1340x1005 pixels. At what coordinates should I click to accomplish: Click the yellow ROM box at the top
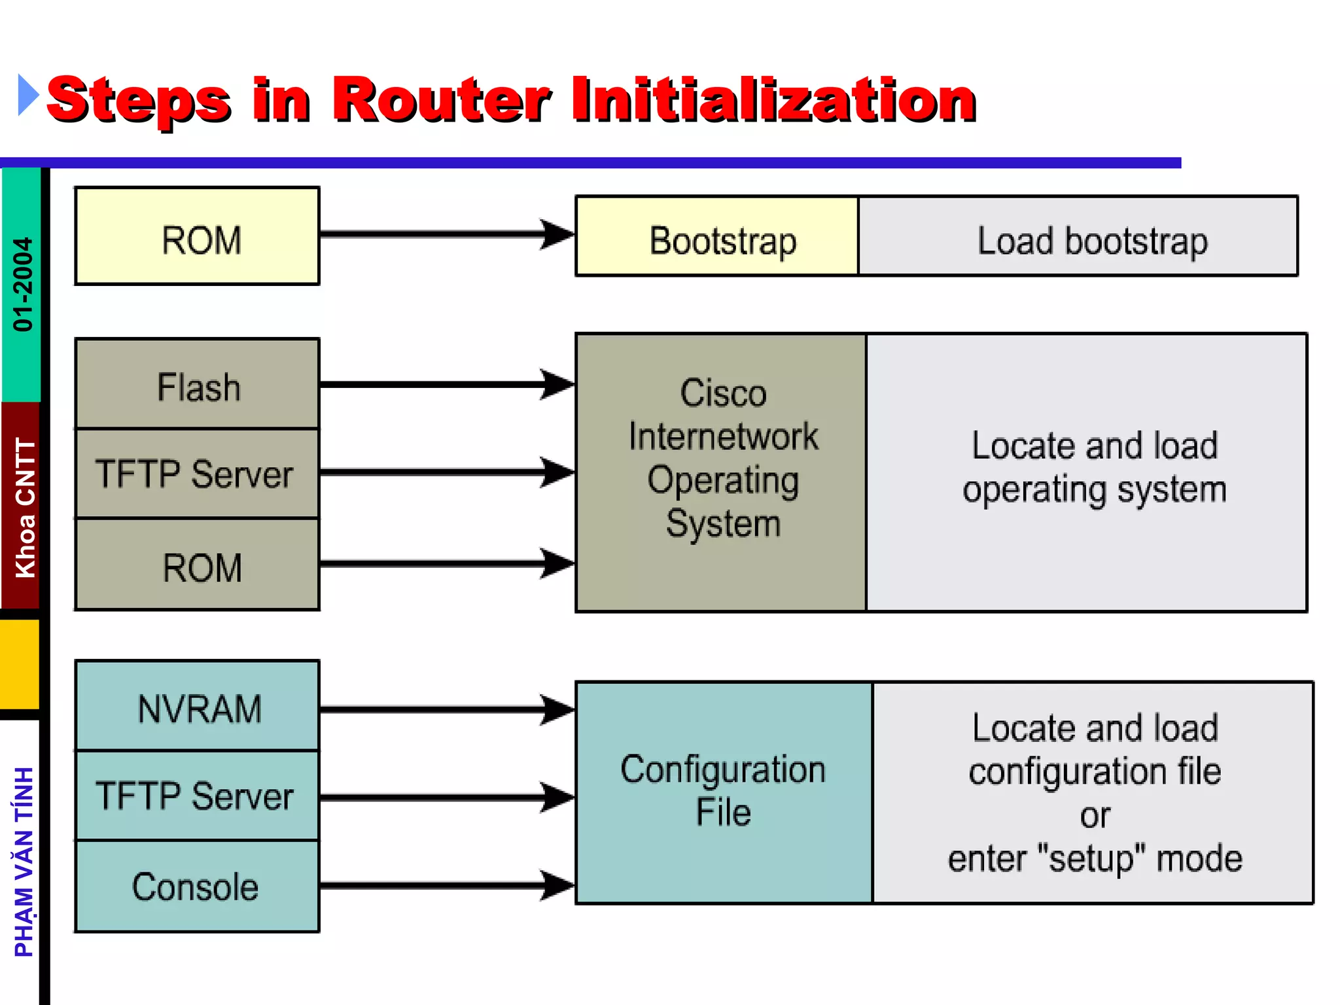point(197,236)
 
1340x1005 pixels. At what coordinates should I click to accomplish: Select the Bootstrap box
point(717,236)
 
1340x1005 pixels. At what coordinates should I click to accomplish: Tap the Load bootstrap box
point(1078,236)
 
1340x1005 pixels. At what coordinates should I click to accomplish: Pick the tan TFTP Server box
point(197,474)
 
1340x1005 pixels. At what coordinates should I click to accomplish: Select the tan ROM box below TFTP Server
point(197,565)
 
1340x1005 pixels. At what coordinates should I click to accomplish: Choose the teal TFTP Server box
point(197,796)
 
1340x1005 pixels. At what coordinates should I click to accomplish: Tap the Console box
point(197,887)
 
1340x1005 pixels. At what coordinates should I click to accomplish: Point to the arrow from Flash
point(445,385)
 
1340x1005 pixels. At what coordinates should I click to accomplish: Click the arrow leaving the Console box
point(445,885)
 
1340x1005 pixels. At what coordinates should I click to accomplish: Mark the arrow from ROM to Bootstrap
point(445,234)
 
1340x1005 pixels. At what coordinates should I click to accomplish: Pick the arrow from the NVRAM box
point(445,709)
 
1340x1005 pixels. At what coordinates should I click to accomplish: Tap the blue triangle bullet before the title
point(27,96)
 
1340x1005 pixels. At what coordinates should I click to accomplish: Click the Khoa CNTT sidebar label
point(25,508)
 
